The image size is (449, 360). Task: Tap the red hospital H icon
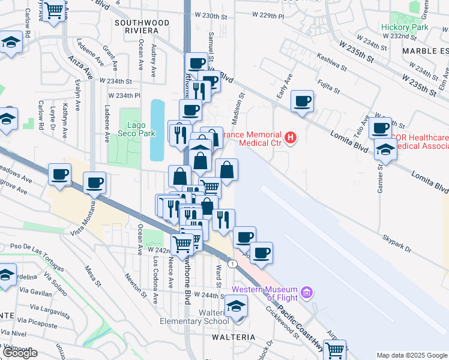(x=291, y=139)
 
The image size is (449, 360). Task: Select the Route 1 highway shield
(x=232, y=263)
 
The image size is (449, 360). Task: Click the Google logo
(x=20, y=353)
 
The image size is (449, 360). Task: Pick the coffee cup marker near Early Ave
(x=303, y=100)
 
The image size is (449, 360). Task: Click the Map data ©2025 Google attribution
(x=411, y=355)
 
